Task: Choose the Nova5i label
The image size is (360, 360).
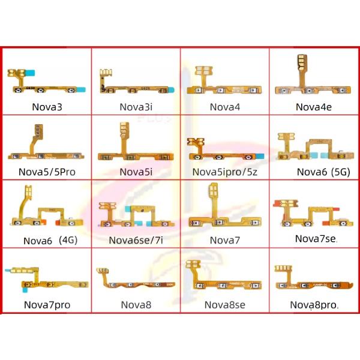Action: coord(136,172)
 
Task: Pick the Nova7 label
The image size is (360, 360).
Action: coord(224,240)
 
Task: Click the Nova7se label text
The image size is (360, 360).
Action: coord(316,239)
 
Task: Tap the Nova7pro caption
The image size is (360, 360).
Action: coord(47,305)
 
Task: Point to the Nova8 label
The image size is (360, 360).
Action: coord(136,305)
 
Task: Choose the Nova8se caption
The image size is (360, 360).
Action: coord(224,305)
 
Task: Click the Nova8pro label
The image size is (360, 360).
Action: coord(314,305)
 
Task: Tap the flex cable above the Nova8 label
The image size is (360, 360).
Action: coord(136,282)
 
